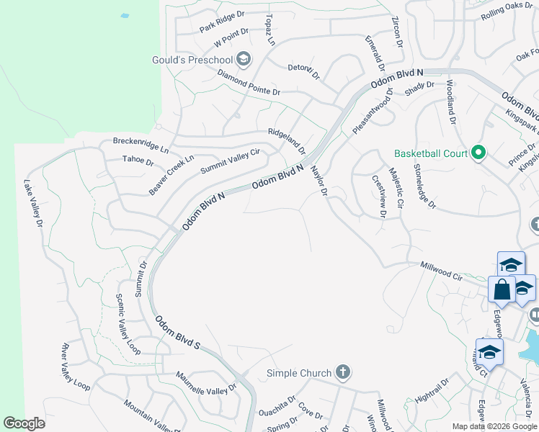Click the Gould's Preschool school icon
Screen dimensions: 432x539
[x=243, y=59]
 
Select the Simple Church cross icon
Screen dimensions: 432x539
[x=343, y=372]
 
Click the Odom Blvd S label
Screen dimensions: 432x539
[x=177, y=333]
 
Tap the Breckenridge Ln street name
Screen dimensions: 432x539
[x=140, y=141]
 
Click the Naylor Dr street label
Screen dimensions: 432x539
[x=319, y=182]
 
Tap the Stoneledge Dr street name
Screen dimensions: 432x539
[x=424, y=185]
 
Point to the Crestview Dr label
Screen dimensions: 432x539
[x=379, y=195]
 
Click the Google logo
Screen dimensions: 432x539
[x=24, y=423]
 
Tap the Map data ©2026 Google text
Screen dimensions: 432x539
[x=494, y=426]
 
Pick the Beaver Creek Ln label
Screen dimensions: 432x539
[x=171, y=174]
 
